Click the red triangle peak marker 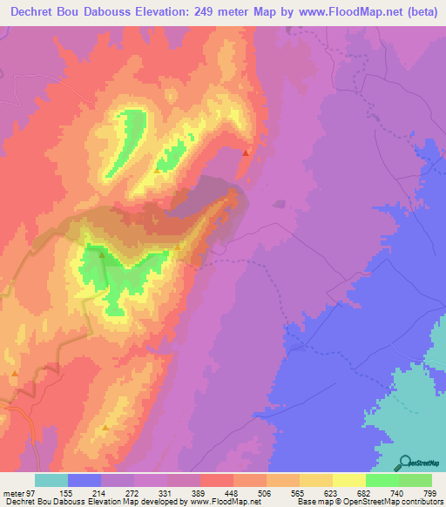click(x=246, y=152)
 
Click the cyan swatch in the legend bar click(x=51, y=481)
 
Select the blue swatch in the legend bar click(x=84, y=481)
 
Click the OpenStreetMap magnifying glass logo click(x=405, y=462)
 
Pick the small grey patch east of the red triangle click(x=279, y=205)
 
